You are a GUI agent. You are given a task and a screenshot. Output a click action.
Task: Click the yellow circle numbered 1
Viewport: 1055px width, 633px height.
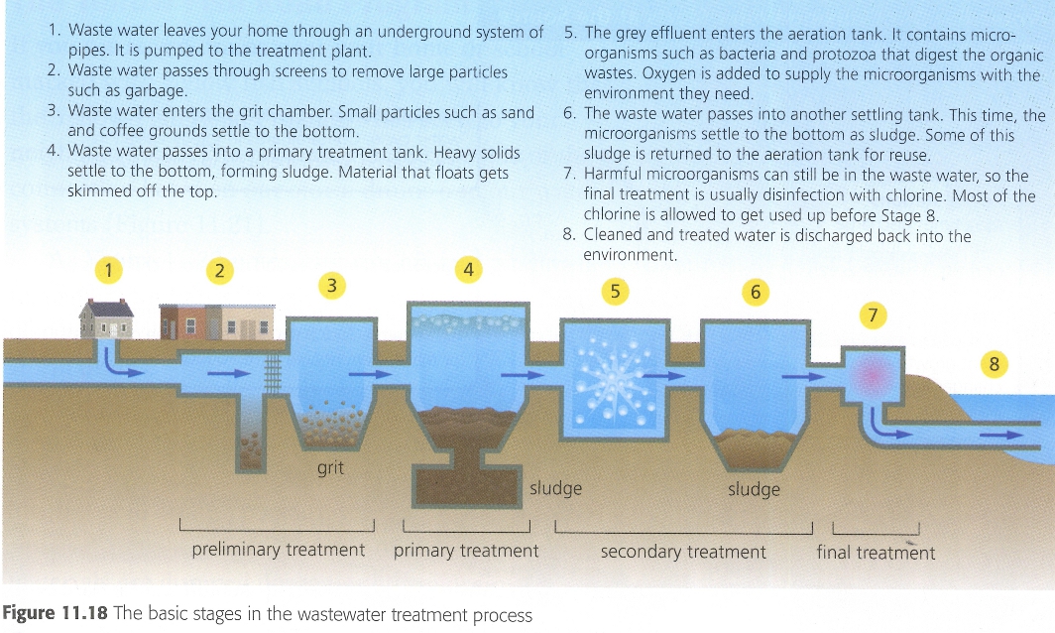click(x=108, y=271)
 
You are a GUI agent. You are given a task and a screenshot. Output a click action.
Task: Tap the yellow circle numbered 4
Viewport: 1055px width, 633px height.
click(x=468, y=270)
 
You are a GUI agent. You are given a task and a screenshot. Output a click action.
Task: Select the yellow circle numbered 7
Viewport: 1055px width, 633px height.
click(x=873, y=316)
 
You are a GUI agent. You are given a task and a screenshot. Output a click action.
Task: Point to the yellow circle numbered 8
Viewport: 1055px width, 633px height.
click(x=994, y=364)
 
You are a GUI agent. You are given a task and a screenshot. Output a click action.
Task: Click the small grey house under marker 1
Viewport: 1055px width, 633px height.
click(x=106, y=319)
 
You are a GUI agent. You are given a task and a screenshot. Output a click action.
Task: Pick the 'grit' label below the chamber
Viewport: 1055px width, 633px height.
click(x=330, y=467)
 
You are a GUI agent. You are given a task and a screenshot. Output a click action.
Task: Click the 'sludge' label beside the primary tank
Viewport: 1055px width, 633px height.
click(x=555, y=487)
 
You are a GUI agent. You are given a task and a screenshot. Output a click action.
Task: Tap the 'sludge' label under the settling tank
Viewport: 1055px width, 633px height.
click(x=754, y=489)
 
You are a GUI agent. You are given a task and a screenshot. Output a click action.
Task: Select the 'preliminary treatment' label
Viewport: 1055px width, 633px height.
click(x=278, y=550)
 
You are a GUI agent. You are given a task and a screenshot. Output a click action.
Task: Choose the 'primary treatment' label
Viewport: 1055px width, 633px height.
click(x=466, y=551)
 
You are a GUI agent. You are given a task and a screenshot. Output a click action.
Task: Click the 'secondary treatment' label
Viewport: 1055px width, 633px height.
click(x=683, y=553)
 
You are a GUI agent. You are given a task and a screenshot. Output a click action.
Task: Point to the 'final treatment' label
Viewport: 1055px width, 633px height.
click(x=876, y=553)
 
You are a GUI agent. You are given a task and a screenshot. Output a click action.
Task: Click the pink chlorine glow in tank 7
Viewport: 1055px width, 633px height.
click(x=872, y=374)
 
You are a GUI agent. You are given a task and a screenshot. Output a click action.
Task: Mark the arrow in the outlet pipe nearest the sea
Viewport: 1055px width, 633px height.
click(x=1000, y=435)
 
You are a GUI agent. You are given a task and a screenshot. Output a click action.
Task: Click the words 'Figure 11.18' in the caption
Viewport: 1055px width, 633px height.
click(x=56, y=613)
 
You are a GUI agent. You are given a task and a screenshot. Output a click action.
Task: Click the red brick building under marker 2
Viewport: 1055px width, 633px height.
click(x=182, y=321)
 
